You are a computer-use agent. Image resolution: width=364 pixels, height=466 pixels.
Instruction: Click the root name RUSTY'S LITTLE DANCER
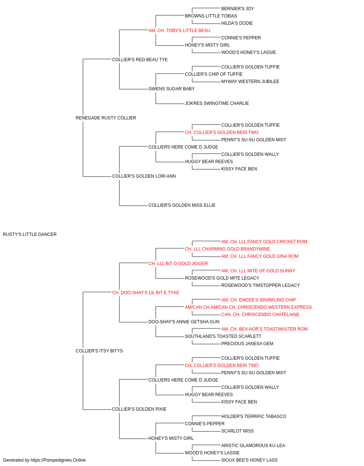(x=30, y=234)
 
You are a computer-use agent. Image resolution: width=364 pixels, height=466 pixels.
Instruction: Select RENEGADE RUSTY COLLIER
(x=106, y=118)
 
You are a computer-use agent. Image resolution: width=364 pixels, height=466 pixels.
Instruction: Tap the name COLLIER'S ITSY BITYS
(x=99, y=351)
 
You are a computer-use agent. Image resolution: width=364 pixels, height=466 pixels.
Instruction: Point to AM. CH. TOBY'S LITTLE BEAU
(x=179, y=31)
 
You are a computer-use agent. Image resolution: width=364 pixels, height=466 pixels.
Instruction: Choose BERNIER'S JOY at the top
(x=238, y=9)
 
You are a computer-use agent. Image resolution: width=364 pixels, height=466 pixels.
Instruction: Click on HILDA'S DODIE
(x=237, y=23)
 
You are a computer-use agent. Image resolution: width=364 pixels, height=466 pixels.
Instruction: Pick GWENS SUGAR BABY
(x=171, y=89)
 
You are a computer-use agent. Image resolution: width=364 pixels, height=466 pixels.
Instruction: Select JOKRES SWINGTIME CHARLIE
(x=217, y=103)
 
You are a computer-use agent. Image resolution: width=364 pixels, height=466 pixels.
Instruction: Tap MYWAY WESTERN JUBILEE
(x=250, y=82)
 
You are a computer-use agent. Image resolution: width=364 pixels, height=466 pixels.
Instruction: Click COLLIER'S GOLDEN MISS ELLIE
(x=182, y=205)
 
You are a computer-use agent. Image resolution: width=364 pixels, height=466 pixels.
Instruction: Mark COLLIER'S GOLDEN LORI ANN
(x=144, y=176)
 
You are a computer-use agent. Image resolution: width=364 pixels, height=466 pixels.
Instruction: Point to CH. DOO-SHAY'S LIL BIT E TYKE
(x=146, y=293)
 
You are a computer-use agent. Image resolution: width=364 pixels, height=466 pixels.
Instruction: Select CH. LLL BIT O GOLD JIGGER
(x=178, y=264)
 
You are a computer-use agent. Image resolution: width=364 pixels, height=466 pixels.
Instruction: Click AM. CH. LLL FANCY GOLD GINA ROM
(x=260, y=256)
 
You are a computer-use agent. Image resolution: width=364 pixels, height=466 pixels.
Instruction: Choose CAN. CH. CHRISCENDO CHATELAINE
(x=260, y=315)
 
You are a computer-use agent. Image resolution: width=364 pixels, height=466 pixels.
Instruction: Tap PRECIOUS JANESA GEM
(x=247, y=344)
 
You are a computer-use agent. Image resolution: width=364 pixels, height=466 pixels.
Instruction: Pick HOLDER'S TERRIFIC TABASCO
(x=254, y=416)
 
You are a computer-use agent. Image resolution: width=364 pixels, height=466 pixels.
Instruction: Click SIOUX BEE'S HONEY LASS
(x=249, y=460)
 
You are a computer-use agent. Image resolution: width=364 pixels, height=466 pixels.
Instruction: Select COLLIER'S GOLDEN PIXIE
(x=139, y=409)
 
